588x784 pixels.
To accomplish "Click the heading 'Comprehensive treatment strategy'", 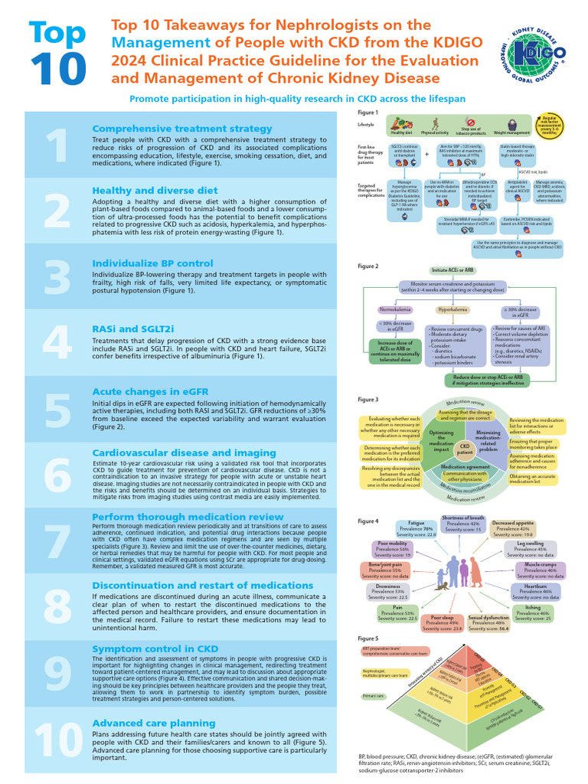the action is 181,129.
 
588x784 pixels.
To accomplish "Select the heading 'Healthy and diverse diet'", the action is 155,191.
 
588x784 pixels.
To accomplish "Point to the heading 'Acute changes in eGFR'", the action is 150,391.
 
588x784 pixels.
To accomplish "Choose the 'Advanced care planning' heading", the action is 153,723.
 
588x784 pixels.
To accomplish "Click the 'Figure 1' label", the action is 368,113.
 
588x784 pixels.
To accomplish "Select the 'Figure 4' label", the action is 368,521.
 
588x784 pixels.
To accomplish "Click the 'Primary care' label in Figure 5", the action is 374,696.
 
